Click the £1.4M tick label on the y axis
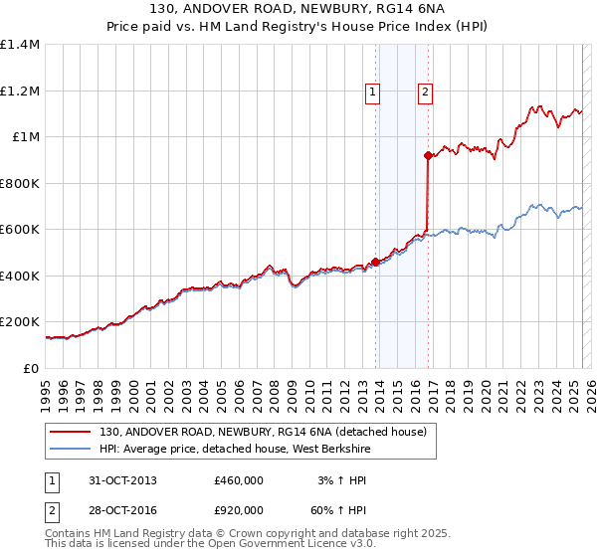(x=20, y=45)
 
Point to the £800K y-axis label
(x=20, y=183)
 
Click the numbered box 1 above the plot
(x=372, y=93)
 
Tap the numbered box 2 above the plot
(x=425, y=93)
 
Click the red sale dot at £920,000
(x=428, y=155)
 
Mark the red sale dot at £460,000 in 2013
(x=375, y=262)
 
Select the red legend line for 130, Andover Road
(x=72, y=432)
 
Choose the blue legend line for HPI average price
(x=72, y=448)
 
